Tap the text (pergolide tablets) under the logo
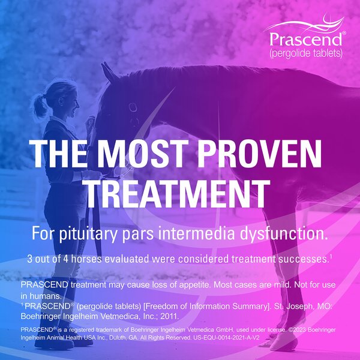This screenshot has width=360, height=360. (x=306, y=53)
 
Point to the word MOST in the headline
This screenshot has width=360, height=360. (x=152, y=154)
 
